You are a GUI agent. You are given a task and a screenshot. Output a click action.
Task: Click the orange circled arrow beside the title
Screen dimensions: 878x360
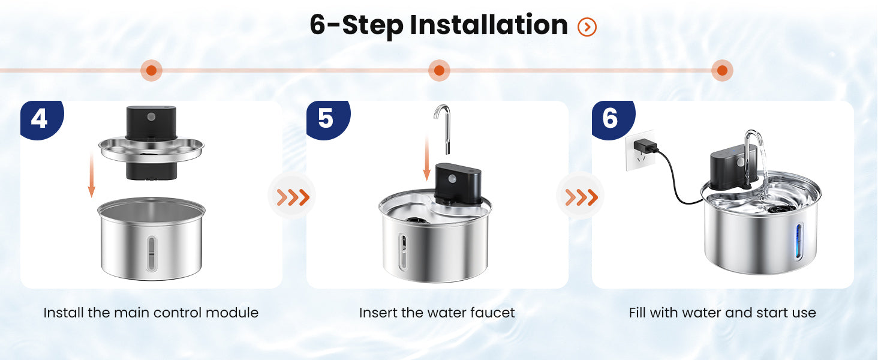(x=587, y=27)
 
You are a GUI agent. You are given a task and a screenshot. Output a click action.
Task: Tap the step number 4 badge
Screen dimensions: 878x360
(x=41, y=119)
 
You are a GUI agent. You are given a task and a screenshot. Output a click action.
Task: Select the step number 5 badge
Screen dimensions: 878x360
(x=327, y=119)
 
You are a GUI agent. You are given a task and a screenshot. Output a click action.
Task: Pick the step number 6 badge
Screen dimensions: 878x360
(x=612, y=119)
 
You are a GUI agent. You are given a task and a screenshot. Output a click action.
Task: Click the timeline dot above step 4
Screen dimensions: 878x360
(x=151, y=71)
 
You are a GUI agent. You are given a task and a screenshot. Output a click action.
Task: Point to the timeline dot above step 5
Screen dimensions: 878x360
(x=439, y=71)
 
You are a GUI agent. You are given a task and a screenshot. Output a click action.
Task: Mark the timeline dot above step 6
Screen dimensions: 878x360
(x=723, y=71)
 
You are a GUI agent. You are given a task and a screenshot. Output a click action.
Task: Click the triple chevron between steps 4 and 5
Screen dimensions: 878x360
(x=293, y=197)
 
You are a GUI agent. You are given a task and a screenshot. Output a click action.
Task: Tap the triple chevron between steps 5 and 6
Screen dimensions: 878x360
(x=582, y=197)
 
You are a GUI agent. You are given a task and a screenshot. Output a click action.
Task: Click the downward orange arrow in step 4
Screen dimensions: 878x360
(x=92, y=175)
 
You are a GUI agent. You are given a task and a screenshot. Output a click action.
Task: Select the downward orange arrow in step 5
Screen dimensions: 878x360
(x=427, y=158)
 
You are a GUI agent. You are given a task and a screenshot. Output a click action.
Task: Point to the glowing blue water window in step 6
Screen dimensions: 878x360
(x=799, y=241)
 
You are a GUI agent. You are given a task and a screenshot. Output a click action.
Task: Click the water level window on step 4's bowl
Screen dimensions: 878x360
(x=151, y=254)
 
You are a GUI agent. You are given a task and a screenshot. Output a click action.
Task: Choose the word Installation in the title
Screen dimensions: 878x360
(x=489, y=25)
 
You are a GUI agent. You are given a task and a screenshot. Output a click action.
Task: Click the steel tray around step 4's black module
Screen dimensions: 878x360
(x=151, y=150)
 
